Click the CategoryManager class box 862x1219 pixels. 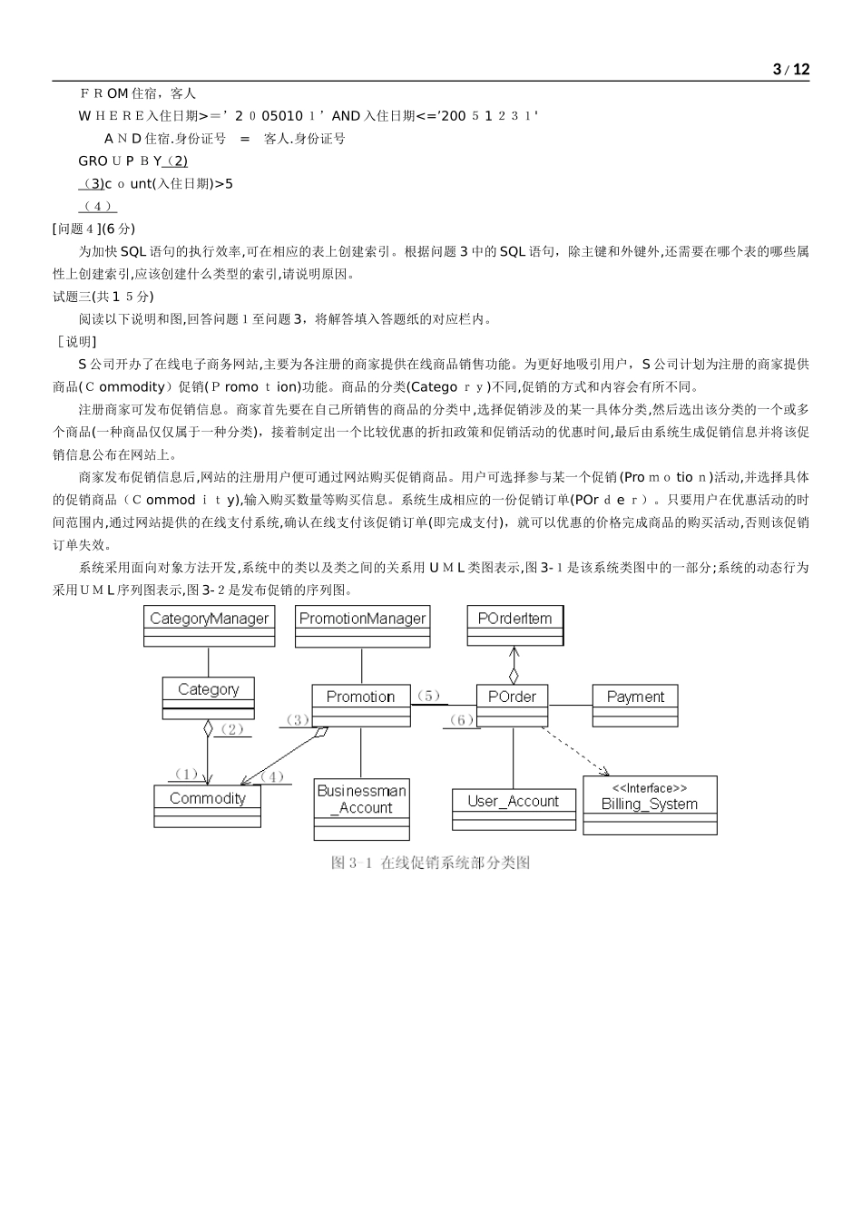coord(209,626)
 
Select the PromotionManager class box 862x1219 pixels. coord(362,626)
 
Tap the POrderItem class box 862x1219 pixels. coord(514,625)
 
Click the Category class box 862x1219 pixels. coord(208,697)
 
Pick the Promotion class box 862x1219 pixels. coord(360,705)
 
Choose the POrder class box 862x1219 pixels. coord(512,705)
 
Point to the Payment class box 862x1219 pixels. coord(635,705)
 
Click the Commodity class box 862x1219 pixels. coord(207,805)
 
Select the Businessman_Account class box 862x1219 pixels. coord(361,808)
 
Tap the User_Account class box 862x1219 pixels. coord(513,808)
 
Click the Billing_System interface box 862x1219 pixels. coord(650,805)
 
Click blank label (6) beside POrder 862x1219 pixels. coord(461,720)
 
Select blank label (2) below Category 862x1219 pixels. coord(233,729)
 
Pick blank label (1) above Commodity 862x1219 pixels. coord(186,775)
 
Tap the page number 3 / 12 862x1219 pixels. coord(790,70)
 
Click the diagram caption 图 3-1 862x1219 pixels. coord(430,863)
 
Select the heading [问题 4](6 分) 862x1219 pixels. coord(93,229)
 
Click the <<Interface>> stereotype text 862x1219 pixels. coord(650,788)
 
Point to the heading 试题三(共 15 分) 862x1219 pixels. coord(103,297)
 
